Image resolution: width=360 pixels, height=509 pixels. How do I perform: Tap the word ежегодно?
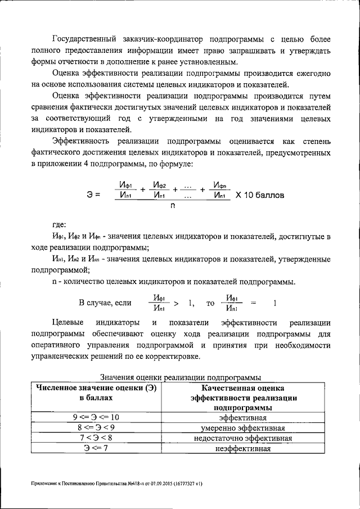308,74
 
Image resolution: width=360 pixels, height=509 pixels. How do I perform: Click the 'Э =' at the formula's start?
93,195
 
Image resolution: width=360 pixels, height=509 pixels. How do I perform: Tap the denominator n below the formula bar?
173,206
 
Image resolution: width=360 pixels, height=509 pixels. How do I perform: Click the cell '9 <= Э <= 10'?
96,417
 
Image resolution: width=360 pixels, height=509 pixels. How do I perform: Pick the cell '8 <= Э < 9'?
96,427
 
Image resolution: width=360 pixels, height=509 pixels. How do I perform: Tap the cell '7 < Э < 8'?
96,438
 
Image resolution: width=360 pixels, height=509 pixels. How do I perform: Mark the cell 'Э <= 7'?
96,448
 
